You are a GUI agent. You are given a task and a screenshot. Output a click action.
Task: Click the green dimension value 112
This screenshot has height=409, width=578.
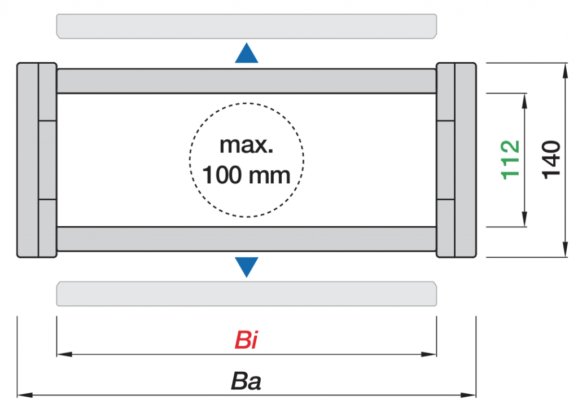pos(511,160)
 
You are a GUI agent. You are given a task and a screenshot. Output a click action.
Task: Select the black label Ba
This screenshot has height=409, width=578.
pos(246,382)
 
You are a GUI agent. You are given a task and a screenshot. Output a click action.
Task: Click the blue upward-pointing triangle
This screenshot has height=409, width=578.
pos(247,54)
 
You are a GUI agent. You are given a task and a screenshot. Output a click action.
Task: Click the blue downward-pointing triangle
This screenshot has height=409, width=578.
pos(247,266)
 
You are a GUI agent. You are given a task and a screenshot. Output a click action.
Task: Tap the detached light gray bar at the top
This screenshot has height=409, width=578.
pos(247,27)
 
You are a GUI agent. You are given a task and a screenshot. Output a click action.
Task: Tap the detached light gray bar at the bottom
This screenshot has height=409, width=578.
pos(247,293)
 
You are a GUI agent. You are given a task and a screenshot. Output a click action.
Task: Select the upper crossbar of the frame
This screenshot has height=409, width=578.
pos(247,81)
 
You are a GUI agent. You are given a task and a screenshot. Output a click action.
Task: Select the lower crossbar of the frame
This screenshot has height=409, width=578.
pos(247,239)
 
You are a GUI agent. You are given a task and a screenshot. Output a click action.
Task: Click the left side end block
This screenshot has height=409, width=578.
pos(36,160)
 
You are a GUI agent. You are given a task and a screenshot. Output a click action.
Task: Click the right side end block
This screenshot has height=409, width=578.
pos(457,160)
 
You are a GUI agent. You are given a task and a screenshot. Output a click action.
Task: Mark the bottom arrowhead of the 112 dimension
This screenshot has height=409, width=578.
pos(525,221)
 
